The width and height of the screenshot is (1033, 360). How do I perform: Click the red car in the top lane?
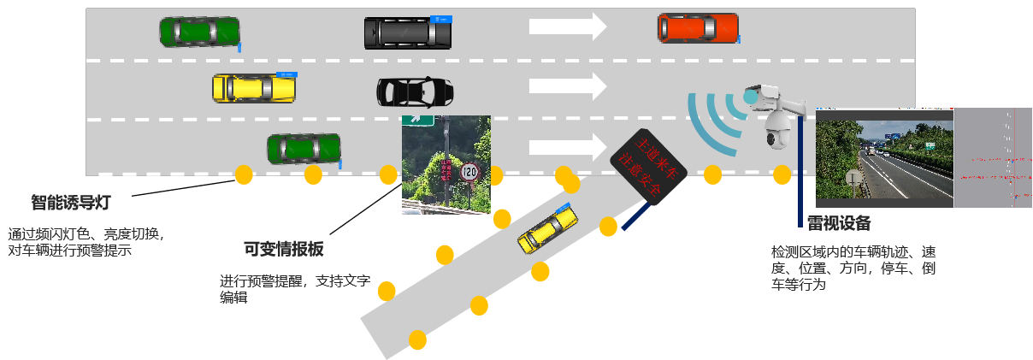pos(697,27)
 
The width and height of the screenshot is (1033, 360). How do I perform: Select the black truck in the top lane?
pos(407,32)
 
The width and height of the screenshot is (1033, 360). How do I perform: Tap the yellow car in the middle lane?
pos(255,87)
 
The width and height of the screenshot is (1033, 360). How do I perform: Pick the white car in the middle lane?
pos(415,91)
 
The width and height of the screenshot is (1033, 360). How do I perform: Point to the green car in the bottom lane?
pos(304,149)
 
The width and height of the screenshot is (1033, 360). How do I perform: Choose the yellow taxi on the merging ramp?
pos(547,229)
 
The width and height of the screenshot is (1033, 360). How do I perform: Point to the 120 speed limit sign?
pos(469,172)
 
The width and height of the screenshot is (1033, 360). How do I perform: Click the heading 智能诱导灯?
pos(70,203)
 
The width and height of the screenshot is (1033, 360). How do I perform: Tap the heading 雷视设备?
pos(839,223)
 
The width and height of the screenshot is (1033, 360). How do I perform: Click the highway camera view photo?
pos(884,158)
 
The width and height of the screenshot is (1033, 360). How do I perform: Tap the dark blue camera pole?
pos(800,171)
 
